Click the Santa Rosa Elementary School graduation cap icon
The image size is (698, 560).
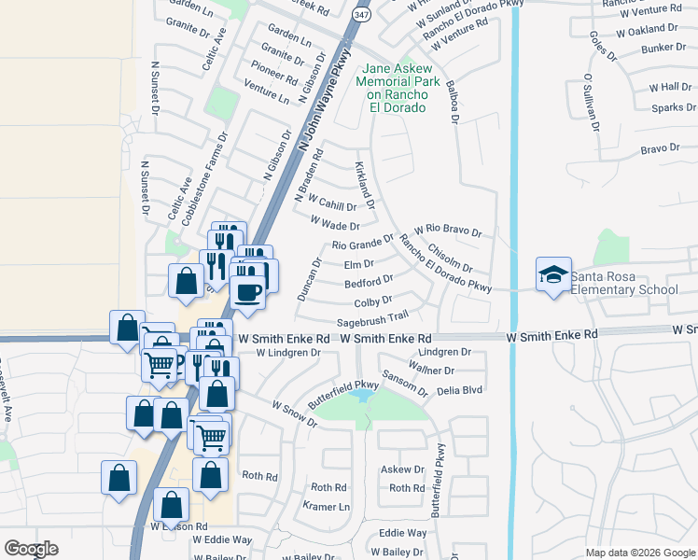tap(552, 274)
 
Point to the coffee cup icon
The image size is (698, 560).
tap(248, 291)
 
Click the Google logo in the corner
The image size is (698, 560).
tap(31, 549)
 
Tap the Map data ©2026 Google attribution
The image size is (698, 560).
tap(639, 553)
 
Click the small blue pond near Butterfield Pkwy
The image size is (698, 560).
tap(359, 397)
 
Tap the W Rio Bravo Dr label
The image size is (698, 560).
tap(448, 230)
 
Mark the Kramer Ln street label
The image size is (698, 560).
tap(327, 506)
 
